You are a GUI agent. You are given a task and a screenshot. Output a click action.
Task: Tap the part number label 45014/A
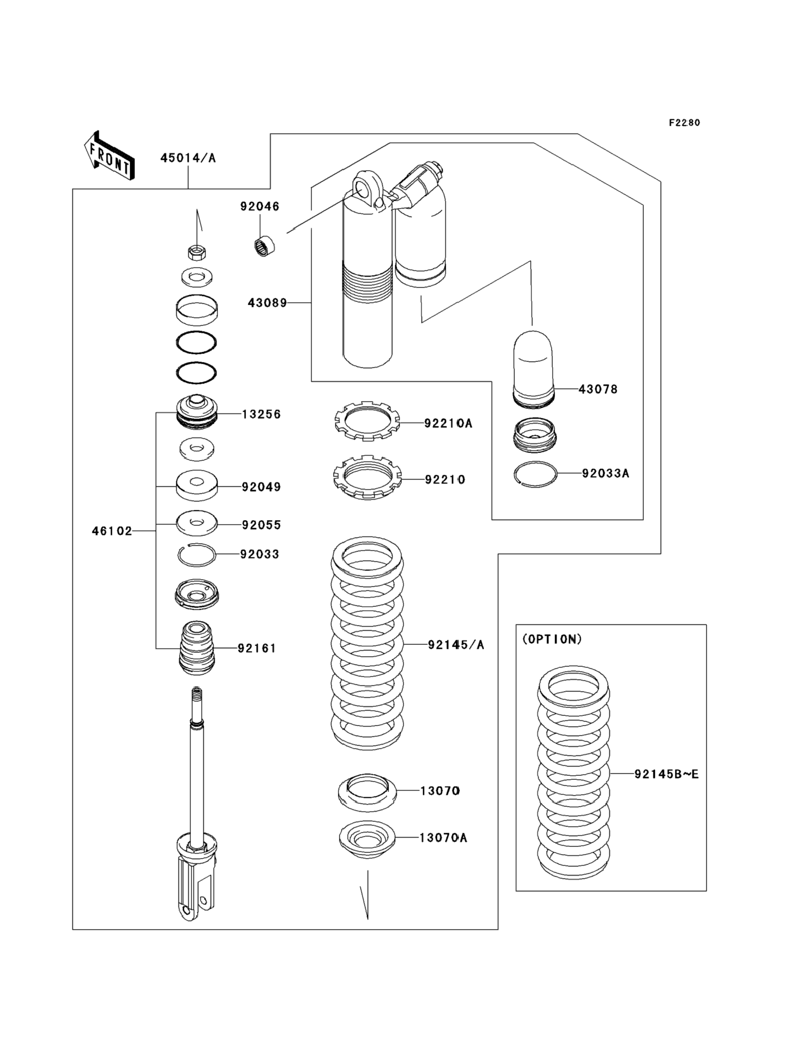[188, 158]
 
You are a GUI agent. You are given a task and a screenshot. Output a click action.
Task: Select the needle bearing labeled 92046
[264, 246]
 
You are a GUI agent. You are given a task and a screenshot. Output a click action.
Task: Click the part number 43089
[267, 303]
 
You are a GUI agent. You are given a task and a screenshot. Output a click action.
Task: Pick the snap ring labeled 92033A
[535, 474]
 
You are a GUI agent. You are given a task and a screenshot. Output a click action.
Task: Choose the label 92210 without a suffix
[444, 479]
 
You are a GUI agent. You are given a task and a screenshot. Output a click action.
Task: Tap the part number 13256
[261, 414]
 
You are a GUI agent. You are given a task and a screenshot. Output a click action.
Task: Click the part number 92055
[261, 524]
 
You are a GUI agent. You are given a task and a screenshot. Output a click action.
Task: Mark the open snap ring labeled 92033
[196, 555]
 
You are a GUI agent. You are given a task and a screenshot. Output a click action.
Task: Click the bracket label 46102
[111, 531]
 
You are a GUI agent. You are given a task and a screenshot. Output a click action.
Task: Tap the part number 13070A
[443, 838]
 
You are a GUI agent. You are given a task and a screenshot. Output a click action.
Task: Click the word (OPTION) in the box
[552, 640]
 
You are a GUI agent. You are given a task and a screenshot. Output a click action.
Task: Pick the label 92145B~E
[666, 775]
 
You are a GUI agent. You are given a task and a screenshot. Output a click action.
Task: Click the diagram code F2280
[684, 123]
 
